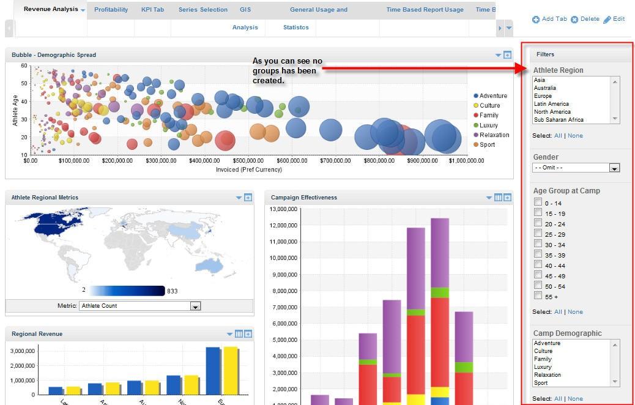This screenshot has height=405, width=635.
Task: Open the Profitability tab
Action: click(x=111, y=10)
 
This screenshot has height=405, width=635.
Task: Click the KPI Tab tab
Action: click(x=152, y=10)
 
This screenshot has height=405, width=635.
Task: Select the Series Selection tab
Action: click(x=202, y=10)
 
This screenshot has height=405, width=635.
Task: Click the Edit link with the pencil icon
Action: click(x=614, y=19)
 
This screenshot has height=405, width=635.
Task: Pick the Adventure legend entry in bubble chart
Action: click(x=492, y=96)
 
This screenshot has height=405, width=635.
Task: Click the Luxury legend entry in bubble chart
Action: click(x=488, y=125)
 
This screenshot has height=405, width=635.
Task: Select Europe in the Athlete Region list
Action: click(x=543, y=96)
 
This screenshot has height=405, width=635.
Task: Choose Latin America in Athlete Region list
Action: click(x=551, y=104)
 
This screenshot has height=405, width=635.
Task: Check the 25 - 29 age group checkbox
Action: click(x=538, y=233)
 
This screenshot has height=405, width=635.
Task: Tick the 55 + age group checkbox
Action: click(x=538, y=295)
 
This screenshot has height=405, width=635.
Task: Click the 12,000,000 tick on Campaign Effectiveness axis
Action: click(x=283, y=225)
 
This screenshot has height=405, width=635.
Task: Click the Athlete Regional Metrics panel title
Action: click(x=45, y=198)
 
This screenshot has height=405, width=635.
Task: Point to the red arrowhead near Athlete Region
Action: click(x=522, y=69)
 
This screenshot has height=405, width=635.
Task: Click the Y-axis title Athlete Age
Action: click(x=16, y=110)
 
